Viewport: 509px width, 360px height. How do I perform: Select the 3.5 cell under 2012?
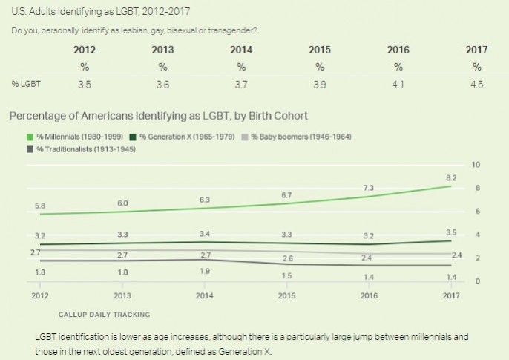85,85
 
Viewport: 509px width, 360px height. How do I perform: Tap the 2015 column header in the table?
320,50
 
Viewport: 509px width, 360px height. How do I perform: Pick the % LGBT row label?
26,85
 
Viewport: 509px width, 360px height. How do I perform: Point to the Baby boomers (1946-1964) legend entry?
301,137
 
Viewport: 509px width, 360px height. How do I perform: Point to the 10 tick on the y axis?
477,164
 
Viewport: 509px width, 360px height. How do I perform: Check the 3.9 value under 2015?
320,85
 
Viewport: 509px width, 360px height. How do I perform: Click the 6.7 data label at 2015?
287,196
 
